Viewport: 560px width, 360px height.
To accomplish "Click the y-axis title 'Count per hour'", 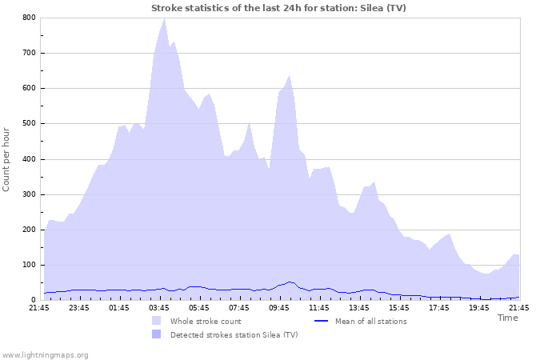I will point(7,158).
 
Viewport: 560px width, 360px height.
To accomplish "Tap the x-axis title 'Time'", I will point(507,318).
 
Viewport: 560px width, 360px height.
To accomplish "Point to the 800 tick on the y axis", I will point(29,18).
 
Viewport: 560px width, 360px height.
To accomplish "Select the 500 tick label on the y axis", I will point(29,123).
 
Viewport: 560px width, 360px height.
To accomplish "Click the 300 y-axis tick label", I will point(29,194).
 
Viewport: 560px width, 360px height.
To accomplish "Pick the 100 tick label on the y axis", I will point(29,265).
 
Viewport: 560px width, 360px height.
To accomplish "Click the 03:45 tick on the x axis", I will point(159,307).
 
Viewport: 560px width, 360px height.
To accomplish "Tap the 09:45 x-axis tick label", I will point(279,307).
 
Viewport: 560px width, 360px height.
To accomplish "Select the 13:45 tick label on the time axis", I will point(359,307).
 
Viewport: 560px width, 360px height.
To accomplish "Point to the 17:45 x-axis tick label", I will point(439,307).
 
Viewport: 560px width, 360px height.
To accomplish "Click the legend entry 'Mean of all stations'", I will point(370,321).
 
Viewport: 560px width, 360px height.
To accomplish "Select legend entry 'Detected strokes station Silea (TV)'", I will point(234,334).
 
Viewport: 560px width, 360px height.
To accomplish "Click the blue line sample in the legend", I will point(320,321).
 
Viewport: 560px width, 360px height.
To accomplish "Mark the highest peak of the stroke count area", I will point(164,18).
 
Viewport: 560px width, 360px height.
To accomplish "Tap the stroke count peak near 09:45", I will point(289,76).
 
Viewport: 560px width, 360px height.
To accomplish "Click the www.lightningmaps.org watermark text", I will point(45,354).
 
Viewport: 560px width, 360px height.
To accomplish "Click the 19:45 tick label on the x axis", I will point(479,307).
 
